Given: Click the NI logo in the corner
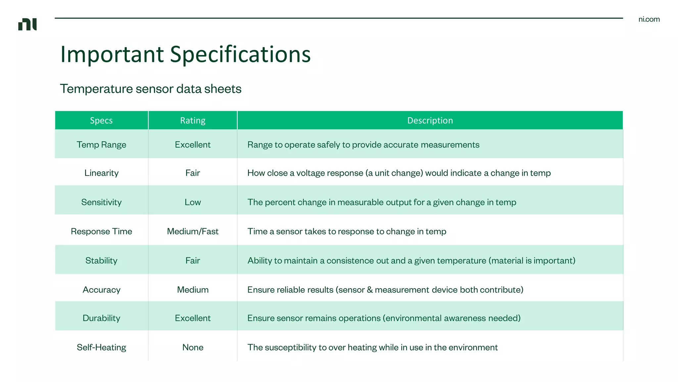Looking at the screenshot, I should point(27,24).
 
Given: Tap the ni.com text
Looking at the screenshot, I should point(649,19).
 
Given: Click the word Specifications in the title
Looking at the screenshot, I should point(240,54).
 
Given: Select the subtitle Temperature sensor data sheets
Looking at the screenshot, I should point(151,89).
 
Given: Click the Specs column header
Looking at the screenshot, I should point(101,120).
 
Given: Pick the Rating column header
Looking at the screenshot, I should point(193,120).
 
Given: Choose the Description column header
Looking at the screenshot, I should point(430,120).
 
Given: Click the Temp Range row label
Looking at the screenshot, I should point(101,145).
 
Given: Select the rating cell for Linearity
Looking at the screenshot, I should point(193,173).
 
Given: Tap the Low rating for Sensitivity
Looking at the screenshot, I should point(193,202).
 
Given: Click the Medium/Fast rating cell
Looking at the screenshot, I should point(193,231).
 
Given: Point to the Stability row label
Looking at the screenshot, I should point(101,260).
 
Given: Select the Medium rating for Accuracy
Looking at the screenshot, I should point(193,289).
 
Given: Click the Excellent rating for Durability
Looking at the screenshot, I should point(193,318).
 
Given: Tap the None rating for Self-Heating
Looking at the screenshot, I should point(193,347).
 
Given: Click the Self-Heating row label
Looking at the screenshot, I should point(101,347).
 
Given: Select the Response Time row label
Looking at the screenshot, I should point(101,231).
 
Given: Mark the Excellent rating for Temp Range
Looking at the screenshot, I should point(193,145).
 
